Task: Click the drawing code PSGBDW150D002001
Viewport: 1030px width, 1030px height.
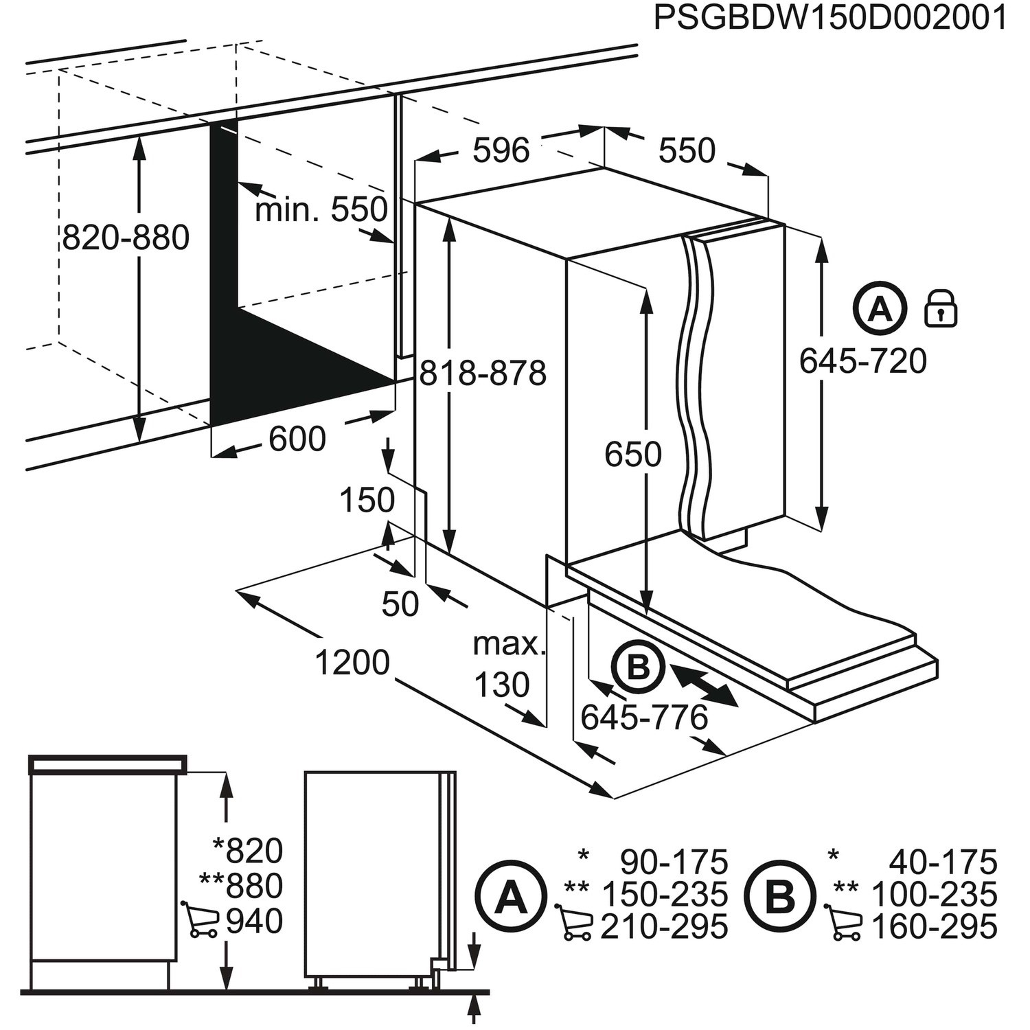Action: (829, 18)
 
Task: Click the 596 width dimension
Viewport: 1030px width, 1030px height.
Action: (501, 150)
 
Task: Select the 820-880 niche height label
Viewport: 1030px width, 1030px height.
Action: (126, 238)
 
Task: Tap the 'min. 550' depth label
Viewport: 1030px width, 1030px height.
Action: (321, 209)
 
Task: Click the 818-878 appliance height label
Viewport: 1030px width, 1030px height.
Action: (483, 374)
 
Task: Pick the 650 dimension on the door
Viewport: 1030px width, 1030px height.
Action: (632, 455)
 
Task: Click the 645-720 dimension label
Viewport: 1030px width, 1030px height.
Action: (863, 361)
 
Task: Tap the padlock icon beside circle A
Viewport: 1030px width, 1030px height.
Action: (940, 308)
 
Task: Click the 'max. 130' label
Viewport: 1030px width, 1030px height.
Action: (507, 665)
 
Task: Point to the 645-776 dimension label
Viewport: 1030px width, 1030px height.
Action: (643, 718)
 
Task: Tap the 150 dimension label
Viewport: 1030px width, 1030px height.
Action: (367, 501)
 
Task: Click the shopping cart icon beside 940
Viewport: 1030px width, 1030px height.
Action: (200, 919)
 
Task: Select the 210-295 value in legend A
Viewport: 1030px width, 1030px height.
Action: (663, 927)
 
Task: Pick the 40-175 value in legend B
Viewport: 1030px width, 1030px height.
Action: (942, 861)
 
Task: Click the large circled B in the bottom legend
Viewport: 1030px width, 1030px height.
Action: (779, 897)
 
